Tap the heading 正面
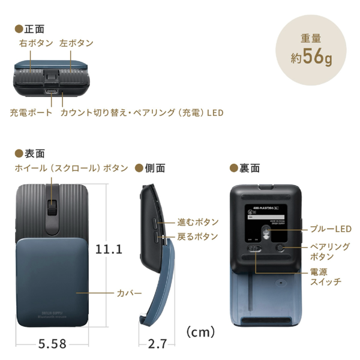[x=32, y=28]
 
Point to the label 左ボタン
[x=76, y=43]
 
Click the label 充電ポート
[x=31, y=112]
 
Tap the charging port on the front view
[x=53, y=92]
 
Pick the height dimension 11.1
[x=109, y=248]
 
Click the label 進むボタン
[x=197, y=222]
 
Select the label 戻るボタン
[x=197, y=236]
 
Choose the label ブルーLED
[x=326, y=229]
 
